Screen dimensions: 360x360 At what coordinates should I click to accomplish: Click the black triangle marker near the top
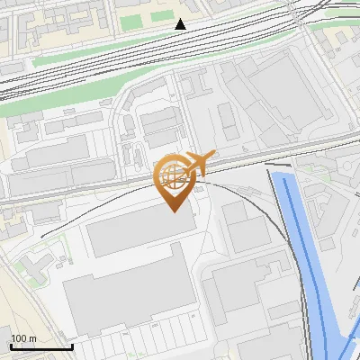[181, 24]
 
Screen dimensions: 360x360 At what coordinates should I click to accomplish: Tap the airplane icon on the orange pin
[200, 163]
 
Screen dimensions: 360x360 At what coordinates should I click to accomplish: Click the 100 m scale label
[23, 338]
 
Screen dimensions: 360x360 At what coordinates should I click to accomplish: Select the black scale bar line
[41, 346]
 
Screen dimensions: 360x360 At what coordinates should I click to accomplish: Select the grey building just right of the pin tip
[245, 225]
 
